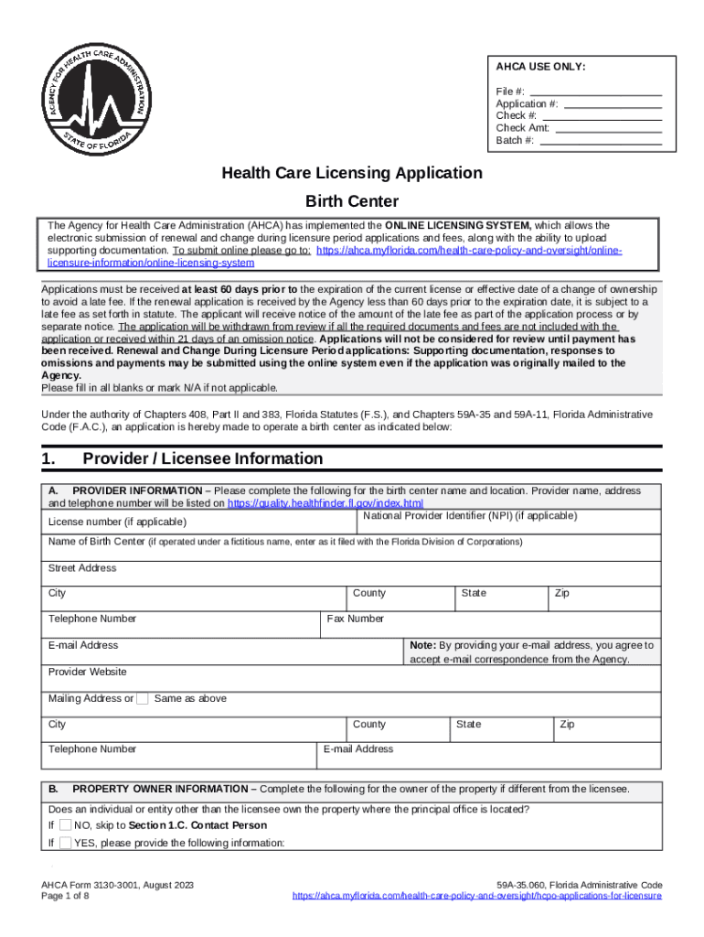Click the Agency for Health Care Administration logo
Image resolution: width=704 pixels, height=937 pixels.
point(91,97)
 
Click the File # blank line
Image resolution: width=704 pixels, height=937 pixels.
point(595,92)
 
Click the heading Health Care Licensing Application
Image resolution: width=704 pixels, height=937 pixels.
point(352,173)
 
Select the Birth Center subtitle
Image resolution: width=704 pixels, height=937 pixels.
point(352,201)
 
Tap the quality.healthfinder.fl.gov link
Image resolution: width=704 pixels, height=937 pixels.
point(325,503)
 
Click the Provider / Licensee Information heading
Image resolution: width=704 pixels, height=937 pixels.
point(202,458)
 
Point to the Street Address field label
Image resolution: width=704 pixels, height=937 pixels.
point(82,568)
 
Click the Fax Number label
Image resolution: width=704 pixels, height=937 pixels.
point(356,619)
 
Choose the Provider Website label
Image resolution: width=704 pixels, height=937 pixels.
point(87,672)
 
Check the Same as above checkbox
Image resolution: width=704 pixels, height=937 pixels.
point(143,699)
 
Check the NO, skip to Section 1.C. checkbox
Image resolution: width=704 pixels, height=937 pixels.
point(65,825)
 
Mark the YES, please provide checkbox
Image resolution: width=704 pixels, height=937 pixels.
point(65,843)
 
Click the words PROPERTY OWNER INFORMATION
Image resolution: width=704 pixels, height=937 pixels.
point(160,789)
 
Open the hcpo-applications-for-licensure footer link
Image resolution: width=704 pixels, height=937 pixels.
point(476,897)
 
